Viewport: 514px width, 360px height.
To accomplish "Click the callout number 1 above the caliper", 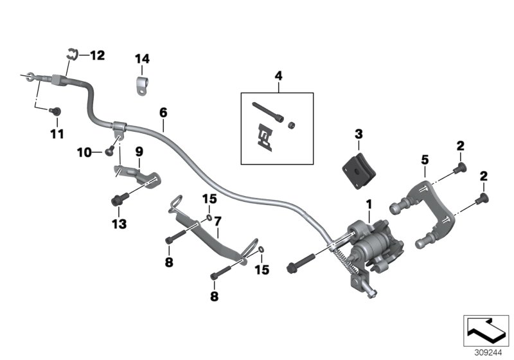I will pyautogui.click(x=369, y=204).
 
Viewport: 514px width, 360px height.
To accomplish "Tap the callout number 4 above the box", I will pyautogui.click(x=278, y=76).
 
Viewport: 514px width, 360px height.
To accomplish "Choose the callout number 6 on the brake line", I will pyautogui.click(x=163, y=113).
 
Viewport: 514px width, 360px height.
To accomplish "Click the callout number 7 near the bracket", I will pyautogui.click(x=218, y=221).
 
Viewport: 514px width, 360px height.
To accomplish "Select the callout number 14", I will pyautogui.click(x=142, y=59).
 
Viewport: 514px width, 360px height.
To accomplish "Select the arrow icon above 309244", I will pyautogui.click(x=486, y=330).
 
